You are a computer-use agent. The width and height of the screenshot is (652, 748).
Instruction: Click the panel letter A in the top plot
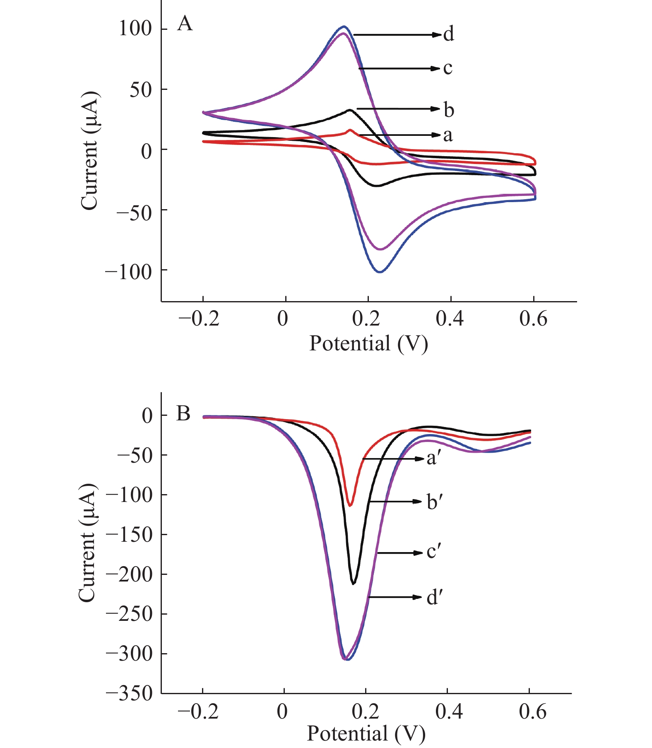point(185,24)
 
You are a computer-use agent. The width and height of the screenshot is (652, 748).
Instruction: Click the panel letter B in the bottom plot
point(183,413)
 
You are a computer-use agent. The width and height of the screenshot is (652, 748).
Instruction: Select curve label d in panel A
point(448,34)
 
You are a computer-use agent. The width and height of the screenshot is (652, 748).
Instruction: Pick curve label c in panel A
point(447,68)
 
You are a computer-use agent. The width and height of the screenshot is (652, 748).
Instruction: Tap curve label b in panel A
point(449,110)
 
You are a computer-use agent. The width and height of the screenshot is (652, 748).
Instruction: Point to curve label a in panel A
point(448,135)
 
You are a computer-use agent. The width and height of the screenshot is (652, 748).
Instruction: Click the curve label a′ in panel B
point(432,458)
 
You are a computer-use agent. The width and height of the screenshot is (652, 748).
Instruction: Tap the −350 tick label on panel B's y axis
point(129,693)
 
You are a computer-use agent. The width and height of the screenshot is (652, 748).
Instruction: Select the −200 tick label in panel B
point(129,574)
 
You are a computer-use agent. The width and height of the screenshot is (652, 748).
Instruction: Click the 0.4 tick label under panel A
point(450,319)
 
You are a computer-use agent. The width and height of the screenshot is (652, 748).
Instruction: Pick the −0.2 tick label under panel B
point(198,712)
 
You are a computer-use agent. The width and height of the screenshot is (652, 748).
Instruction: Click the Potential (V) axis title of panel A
point(368,344)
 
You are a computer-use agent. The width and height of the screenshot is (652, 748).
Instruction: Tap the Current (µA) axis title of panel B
point(88,543)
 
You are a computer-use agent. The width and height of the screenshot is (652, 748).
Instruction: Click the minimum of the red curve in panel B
point(350,506)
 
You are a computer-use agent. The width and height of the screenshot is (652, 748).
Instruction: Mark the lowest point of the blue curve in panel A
point(380,272)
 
